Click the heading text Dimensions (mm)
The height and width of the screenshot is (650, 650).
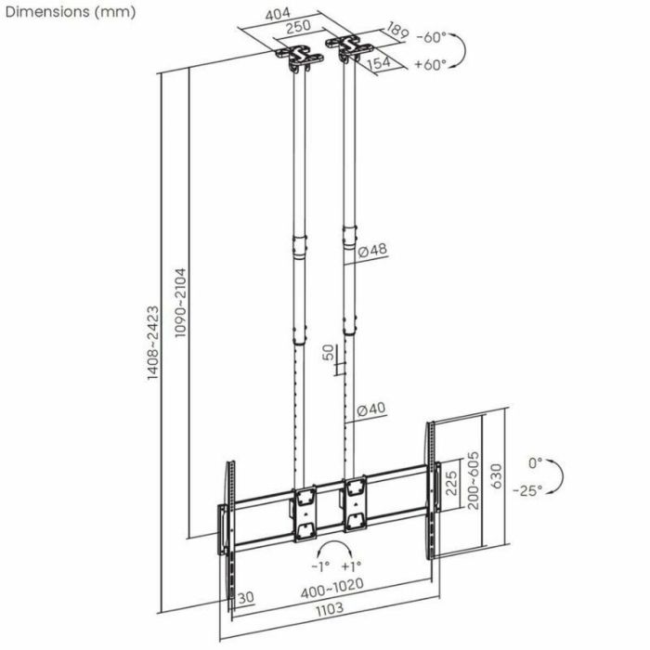[70, 12]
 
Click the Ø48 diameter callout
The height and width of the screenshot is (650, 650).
[371, 251]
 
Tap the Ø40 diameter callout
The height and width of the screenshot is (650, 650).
[371, 409]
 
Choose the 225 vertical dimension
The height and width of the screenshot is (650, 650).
[451, 485]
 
